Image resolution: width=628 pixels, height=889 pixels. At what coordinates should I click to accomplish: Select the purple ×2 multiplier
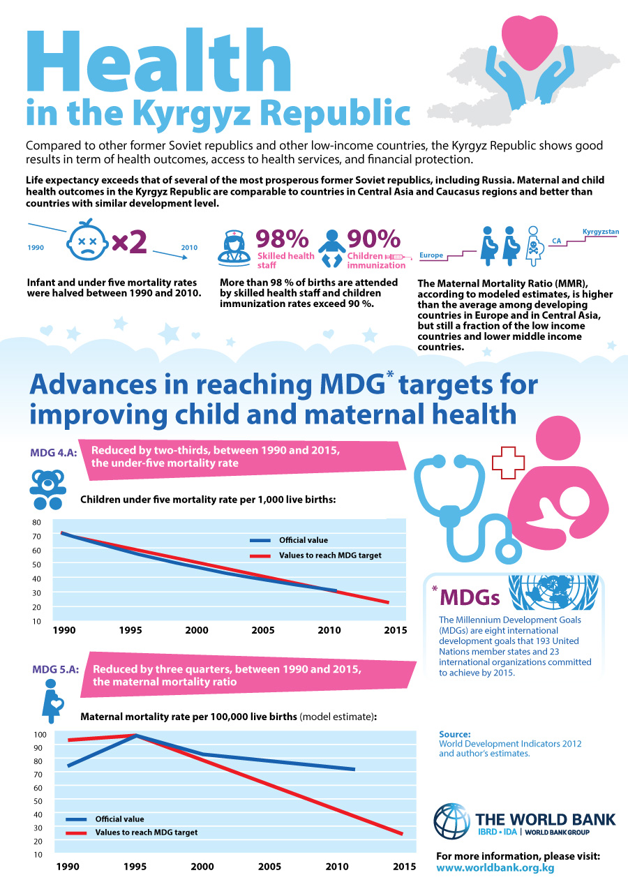tap(129, 241)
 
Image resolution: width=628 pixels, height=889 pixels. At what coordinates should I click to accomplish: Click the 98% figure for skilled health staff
tap(282, 239)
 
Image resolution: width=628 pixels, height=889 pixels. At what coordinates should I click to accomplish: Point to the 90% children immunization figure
tap(373, 239)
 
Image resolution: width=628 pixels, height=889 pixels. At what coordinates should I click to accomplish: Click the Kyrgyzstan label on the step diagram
tap(600, 232)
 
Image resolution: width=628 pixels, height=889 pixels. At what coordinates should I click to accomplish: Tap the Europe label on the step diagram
tap(431, 255)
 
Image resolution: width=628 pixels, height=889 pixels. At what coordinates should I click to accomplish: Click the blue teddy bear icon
tap(47, 489)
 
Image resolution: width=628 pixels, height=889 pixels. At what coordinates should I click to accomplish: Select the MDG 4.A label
tap(54, 452)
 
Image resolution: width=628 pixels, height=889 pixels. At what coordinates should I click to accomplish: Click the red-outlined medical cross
tap(508, 463)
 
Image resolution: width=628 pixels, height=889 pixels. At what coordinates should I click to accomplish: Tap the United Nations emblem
tap(553, 592)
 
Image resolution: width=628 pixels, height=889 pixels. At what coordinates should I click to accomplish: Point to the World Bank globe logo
tap(451, 821)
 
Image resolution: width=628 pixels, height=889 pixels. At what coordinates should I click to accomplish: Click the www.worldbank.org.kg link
tap(495, 868)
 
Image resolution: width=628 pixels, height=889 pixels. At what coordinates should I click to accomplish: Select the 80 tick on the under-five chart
tap(36, 522)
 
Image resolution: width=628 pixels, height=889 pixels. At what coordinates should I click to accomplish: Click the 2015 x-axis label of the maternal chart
tap(404, 867)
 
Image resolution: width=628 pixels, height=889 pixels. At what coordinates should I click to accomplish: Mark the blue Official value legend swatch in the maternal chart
tap(76, 819)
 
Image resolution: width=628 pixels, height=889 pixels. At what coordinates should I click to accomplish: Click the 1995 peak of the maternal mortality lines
tap(136, 735)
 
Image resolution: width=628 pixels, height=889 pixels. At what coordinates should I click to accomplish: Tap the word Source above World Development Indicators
tap(454, 734)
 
